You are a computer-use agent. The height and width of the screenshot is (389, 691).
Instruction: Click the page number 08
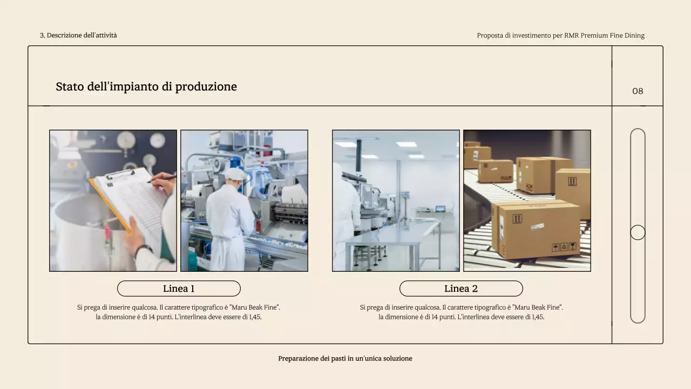click(x=638, y=91)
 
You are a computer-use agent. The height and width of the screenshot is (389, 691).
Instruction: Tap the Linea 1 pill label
click(x=179, y=289)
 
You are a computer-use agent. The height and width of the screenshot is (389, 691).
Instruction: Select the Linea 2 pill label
click(x=461, y=289)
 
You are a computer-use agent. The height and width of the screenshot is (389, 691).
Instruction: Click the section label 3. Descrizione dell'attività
click(x=78, y=35)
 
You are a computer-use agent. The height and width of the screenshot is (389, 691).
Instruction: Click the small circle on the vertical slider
click(x=638, y=232)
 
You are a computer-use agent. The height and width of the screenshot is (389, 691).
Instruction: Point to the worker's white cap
click(x=235, y=174)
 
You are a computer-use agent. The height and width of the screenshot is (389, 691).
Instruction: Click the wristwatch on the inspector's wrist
click(x=143, y=250)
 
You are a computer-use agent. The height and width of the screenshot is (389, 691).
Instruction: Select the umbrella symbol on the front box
click(x=555, y=247)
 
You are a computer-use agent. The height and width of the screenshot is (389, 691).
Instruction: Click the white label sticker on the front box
click(x=537, y=226)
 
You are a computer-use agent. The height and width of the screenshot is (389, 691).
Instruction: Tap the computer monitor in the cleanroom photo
click(x=440, y=209)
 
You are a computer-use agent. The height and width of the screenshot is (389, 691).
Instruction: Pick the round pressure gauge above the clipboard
click(x=126, y=140)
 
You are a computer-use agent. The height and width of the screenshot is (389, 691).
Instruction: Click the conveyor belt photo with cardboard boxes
click(x=527, y=200)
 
